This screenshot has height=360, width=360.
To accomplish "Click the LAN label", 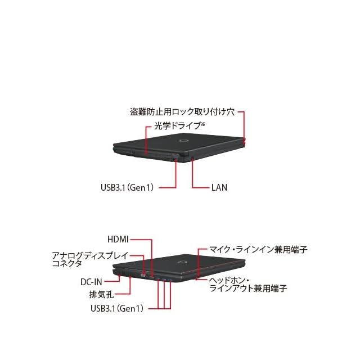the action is [x=219, y=187].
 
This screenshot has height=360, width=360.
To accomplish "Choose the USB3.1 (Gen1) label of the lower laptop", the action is [x=117, y=308].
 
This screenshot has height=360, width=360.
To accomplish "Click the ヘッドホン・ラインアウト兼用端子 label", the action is [x=247, y=284].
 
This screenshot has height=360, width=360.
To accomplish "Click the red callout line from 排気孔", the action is [x=130, y=287].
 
